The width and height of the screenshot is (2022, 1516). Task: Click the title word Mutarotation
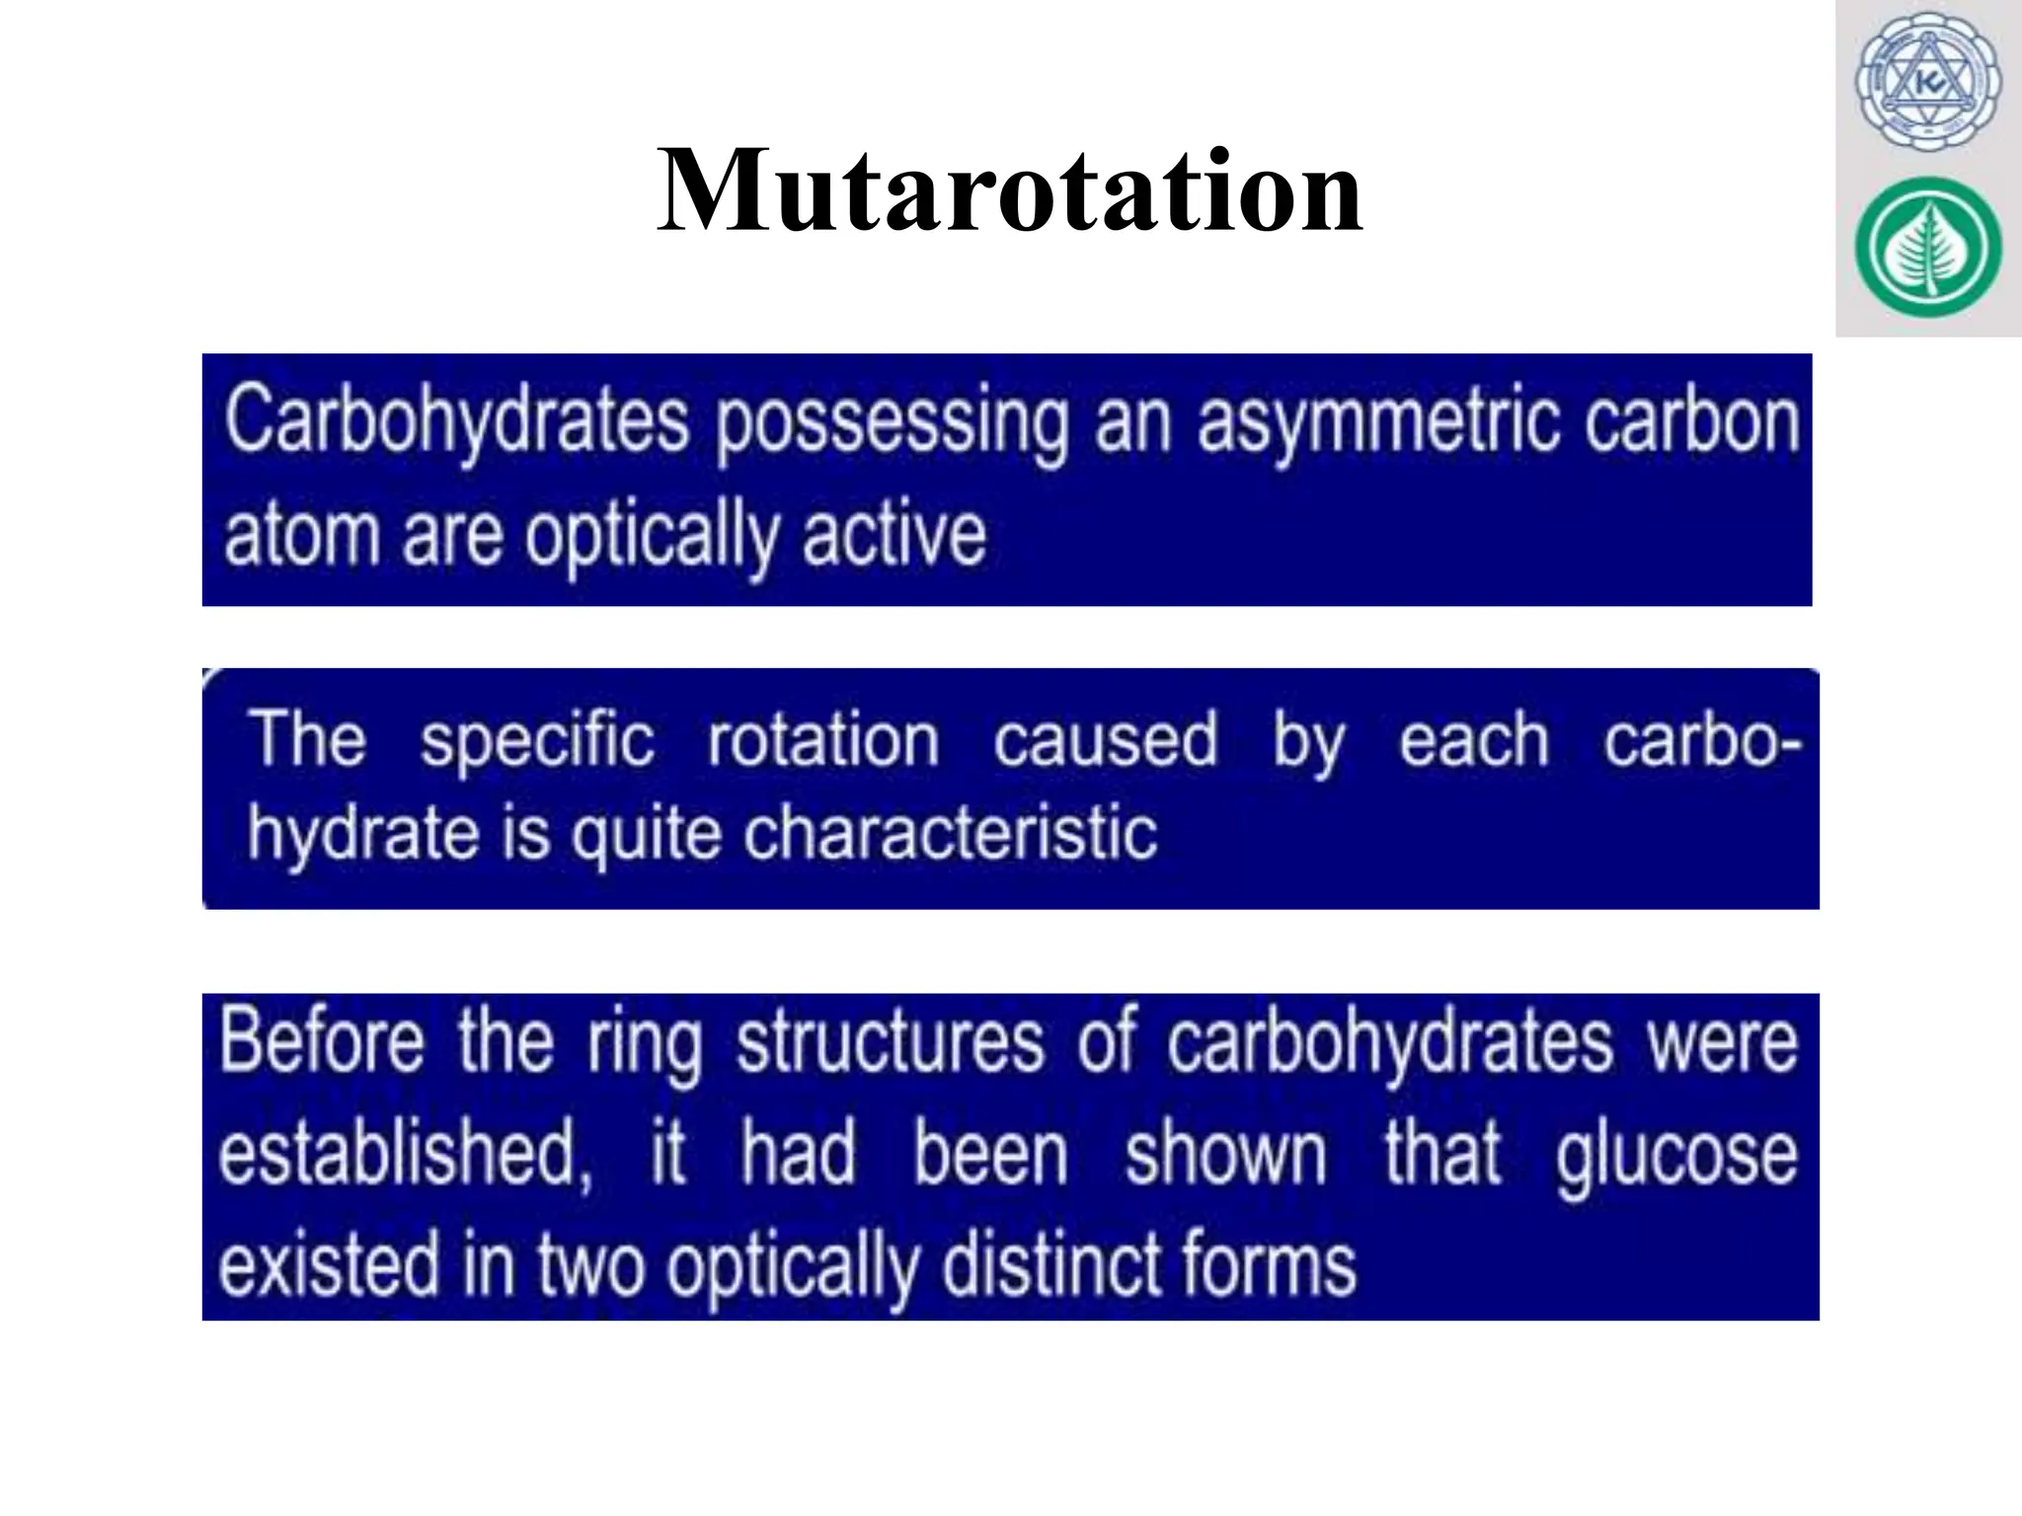[1009, 190]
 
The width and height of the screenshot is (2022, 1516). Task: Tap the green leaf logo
[1927, 248]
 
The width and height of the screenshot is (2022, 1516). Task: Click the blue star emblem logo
[1927, 83]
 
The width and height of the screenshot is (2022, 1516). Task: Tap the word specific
[537, 740]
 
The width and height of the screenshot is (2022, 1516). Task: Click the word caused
[1105, 740]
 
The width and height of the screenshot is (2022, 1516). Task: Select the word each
[1474, 740]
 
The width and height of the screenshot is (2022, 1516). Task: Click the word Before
[322, 1042]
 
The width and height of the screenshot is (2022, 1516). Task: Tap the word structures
[890, 1042]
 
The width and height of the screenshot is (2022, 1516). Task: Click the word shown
[1225, 1154]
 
